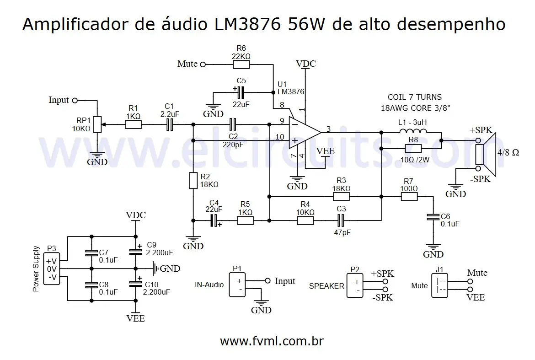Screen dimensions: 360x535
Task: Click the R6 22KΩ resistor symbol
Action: [x=241, y=64]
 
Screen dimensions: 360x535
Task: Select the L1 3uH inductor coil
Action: [x=413, y=132]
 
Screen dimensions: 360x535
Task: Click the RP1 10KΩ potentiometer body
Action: [x=97, y=124]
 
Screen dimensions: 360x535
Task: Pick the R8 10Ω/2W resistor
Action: [x=413, y=149]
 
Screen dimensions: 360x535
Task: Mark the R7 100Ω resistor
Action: [x=409, y=197]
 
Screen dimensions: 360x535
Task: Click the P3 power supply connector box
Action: [x=52, y=269]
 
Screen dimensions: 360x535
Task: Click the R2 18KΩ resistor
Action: [x=193, y=180]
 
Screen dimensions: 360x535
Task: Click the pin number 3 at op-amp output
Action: [x=328, y=129]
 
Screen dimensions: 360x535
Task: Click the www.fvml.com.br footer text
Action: [x=272, y=341]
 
